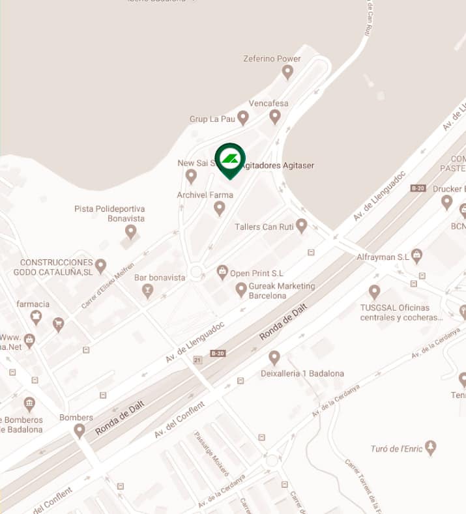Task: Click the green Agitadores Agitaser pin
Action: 230,159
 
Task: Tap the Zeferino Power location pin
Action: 287,72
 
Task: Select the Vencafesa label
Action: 269,104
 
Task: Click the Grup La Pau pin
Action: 243,117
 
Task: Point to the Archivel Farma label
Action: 205,195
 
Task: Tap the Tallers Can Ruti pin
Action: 301,225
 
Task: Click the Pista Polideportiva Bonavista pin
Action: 131,231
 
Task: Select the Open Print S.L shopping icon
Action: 222,271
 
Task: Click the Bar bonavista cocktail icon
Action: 148,290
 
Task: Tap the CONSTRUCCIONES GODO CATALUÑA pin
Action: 100,265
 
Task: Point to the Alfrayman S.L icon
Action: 416,255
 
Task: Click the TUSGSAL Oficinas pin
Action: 374,291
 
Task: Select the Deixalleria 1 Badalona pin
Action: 274,358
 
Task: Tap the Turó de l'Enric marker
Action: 430,448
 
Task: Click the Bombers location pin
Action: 80,430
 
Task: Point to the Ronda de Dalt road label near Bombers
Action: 119,417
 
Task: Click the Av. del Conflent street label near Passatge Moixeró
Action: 179,420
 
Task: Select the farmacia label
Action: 33,304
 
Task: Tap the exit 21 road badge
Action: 197,360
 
